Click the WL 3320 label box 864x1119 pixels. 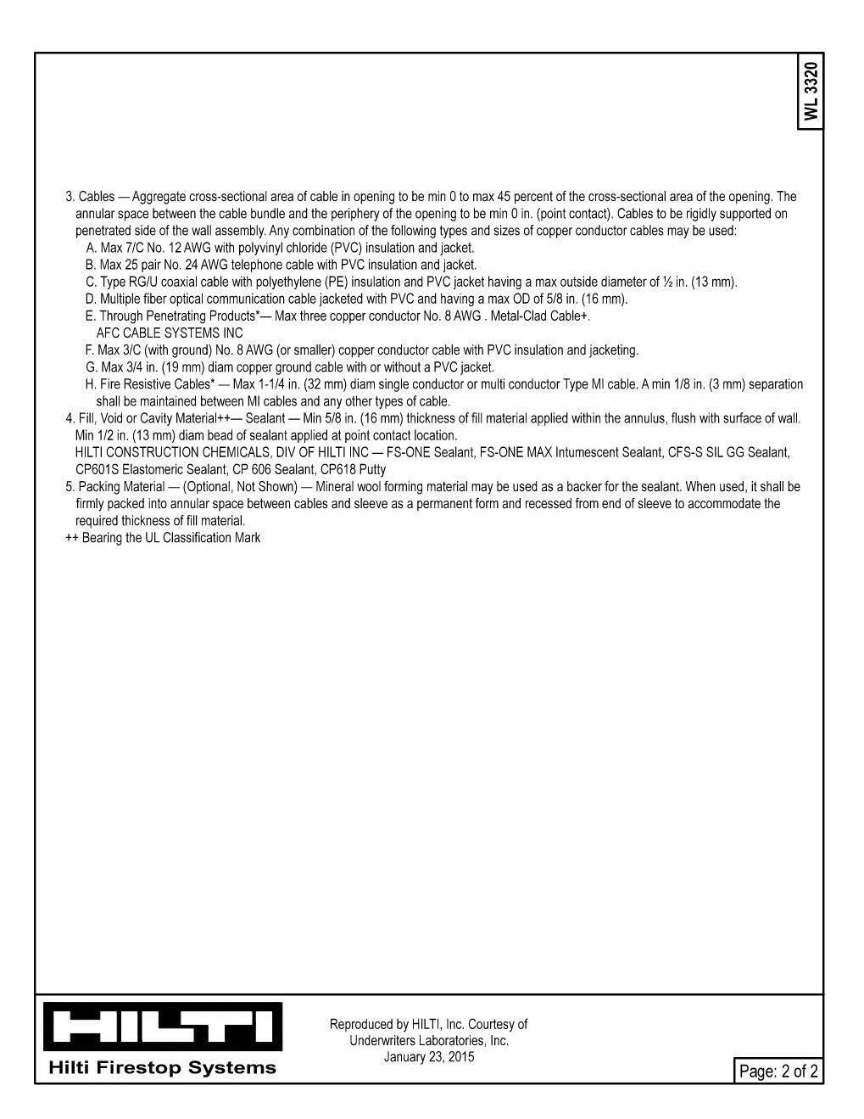811,92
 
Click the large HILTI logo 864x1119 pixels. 164,1026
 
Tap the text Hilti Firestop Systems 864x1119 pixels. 163,1067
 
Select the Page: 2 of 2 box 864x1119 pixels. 778,1071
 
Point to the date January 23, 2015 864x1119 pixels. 428,1057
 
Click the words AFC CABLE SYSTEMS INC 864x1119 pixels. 170,333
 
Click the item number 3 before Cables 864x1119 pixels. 70,197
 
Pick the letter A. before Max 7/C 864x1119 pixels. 91,248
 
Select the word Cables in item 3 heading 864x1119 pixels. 97,197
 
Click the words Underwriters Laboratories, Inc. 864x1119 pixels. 429,1041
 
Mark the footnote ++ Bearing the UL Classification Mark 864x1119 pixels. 163,538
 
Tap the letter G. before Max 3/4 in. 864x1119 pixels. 92,367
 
